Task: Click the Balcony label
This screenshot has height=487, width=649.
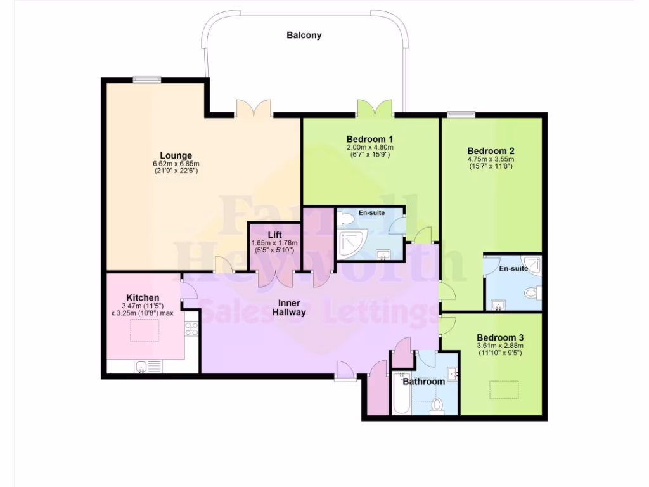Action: point(304,36)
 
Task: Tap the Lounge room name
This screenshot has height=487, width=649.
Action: point(176,155)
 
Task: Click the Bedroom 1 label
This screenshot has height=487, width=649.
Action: point(370,139)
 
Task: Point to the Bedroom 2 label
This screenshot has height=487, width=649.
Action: point(491,151)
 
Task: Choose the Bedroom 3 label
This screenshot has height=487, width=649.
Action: point(500,337)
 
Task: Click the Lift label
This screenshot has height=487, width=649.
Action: point(274,235)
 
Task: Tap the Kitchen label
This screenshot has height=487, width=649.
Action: point(143,297)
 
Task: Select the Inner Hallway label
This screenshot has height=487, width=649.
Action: point(289,307)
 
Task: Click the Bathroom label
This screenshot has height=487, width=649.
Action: point(423,382)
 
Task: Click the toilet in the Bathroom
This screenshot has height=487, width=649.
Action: point(437,406)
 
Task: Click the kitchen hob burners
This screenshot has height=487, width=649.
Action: point(191,328)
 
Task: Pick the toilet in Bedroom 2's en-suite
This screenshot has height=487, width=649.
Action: point(534,293)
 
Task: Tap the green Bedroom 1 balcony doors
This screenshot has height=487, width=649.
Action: point(375,108)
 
